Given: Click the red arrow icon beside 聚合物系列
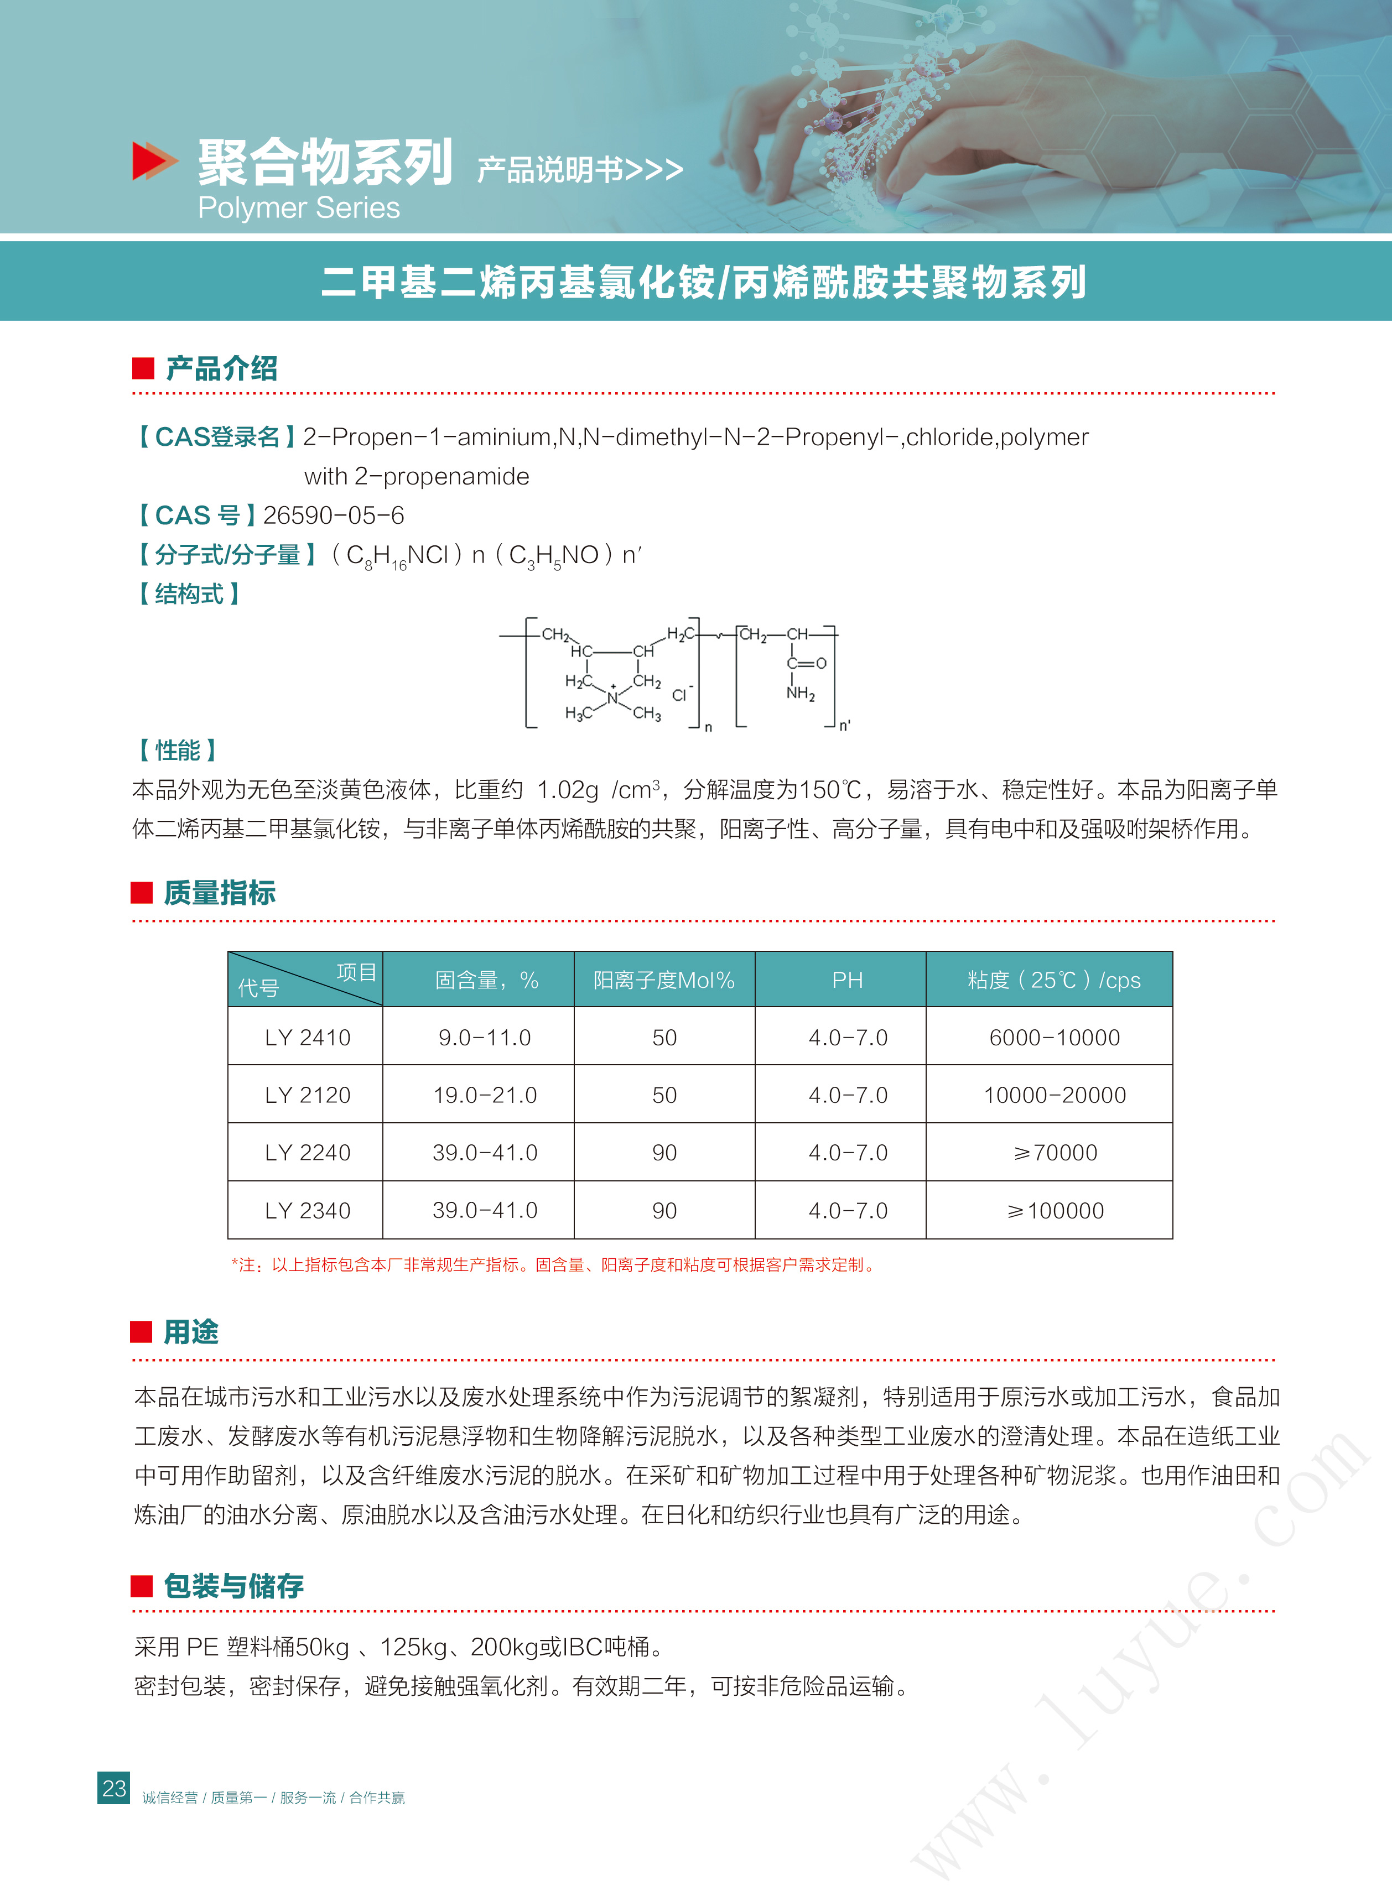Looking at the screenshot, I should coord(154,161).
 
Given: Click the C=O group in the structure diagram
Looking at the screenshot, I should coord(807,663).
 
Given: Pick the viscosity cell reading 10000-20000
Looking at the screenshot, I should coord(1054,1095).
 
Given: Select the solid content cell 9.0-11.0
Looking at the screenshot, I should coord(485,1038).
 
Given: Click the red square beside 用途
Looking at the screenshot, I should coord(142,1332).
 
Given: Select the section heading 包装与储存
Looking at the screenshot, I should coord(233,1586).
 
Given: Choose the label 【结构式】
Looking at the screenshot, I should coord(189,594).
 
